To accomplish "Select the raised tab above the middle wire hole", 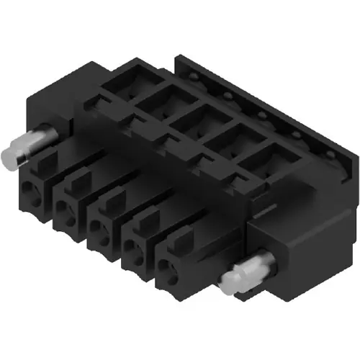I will click(x=110, y=199).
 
